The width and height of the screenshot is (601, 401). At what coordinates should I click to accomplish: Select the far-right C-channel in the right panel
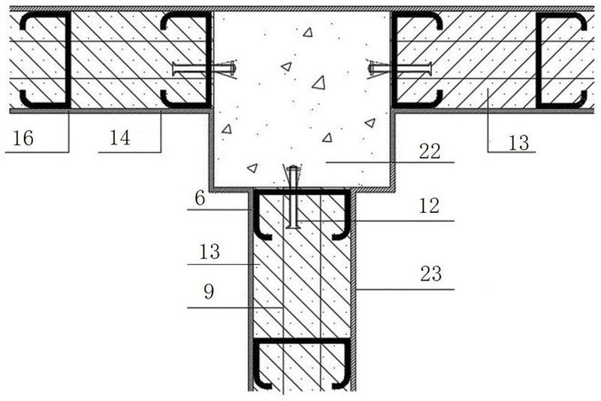click(560, 60)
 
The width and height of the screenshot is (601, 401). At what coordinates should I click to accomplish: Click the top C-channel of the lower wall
click(301, 213)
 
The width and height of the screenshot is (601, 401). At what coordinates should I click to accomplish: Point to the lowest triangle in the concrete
click(252, 167)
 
